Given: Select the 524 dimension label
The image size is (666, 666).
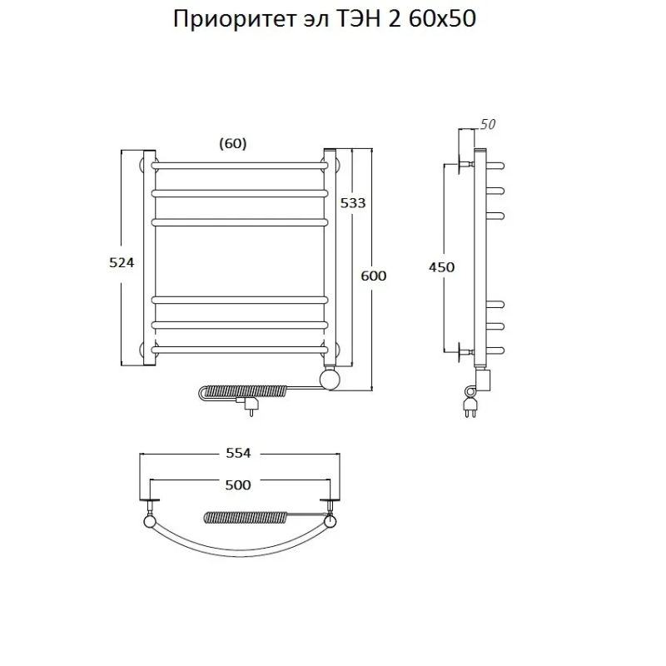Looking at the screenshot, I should [x=122, y=261].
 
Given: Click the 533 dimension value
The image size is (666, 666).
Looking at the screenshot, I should [x=352, y=202].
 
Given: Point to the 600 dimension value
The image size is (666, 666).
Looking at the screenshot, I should [x=374, y=276].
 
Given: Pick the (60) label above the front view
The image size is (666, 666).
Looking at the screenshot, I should [x=232, y=143].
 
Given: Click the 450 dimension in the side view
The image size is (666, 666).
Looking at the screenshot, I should [x=441, y=267].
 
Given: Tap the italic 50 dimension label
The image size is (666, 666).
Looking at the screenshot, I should [x=488, y=125].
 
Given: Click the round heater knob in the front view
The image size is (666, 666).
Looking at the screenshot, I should [x=331, y=380].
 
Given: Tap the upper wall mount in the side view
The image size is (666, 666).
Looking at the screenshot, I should [x=463, y=162].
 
